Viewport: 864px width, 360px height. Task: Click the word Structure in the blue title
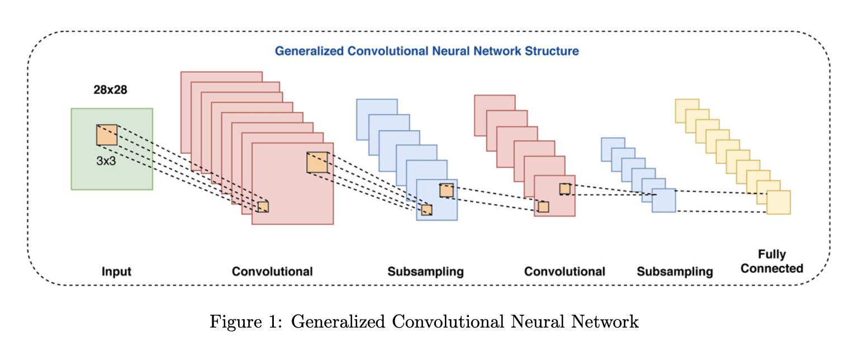pyautogui.click(x=551, y=51)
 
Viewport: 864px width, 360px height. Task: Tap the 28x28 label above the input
pyautogui.click(x=110, y=89)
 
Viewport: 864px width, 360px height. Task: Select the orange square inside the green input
pyautogui.click(x=107, y=135)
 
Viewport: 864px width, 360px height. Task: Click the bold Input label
pyautogui.click(x=116, y=272)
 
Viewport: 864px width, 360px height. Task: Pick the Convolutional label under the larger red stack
pyautogui.click(x=272, y=272)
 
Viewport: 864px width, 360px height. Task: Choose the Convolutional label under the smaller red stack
pyautogui.click(x=564, y=272)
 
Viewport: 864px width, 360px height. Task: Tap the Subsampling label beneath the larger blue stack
pyautogui.click(x=425, y=272)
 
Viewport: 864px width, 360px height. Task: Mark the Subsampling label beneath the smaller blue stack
pyautogui.click(x=675, y=272)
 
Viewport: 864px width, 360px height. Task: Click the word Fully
pyautogui.click(x=772, y=254)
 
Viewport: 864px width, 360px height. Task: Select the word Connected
pyautogui.click(x=772, y=268)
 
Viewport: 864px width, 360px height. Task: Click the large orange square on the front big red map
pyautogui.click(x=317, y=162)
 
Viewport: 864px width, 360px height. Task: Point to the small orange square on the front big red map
pyautogui.click(x=263, y=207)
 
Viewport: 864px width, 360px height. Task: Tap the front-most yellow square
pyautogui.click(x=778, y=202)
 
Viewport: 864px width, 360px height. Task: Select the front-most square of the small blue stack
pyautogui.click(x=663, y=201)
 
